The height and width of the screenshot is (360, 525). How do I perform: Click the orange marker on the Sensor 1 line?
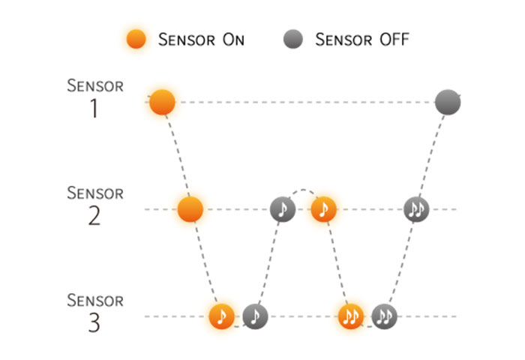coord(162,102)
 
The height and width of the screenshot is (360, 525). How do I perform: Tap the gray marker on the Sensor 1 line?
coord(448,102)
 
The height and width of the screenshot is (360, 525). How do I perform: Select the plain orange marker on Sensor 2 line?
coord(191,208)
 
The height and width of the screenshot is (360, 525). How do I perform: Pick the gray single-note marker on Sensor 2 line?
coord(283,208)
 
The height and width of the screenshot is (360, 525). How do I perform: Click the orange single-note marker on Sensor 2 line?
coord(324,208)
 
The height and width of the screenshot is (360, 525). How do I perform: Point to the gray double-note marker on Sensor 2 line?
coord(416,208)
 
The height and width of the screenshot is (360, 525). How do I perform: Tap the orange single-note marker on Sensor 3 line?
coord(222,316)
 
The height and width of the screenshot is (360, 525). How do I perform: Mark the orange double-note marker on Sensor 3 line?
coord(350,316)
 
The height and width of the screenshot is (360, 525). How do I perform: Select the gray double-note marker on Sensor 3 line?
coord(385,316)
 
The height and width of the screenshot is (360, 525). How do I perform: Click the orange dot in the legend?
coord(136,39)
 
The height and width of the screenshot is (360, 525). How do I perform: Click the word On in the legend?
coord(230,39)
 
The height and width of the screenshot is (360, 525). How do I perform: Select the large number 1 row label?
coord(94,109)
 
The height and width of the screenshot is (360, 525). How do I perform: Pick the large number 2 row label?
coord(94,216)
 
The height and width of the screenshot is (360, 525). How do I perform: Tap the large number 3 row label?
coord(94,324)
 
